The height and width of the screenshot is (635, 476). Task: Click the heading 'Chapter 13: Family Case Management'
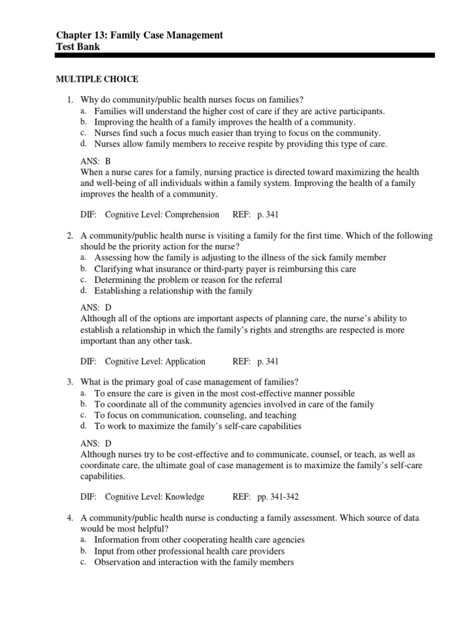[x=139, y=35]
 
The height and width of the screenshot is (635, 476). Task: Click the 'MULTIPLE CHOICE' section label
[x=97, y=79]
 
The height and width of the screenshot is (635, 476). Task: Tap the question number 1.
[x=70, y=100]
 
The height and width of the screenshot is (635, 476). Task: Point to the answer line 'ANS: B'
[x=95, y=161]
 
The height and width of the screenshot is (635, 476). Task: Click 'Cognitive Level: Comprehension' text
[x=162, y=215]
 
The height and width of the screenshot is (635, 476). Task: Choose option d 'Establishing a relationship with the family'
[x=173, y=291]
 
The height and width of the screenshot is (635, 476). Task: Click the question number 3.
[x=70, y=382]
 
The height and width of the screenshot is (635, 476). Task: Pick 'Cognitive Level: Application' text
[x=155, y=361]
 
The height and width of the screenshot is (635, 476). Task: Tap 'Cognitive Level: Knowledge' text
[x=154, y=497]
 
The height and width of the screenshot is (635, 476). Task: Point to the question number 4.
[x=70, y=518]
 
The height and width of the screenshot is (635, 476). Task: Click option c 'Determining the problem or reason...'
[x=188, y=280]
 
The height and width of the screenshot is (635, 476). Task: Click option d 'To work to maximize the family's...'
[x=198, y=427]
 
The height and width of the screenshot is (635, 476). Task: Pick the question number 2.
[x=70, y=236]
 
